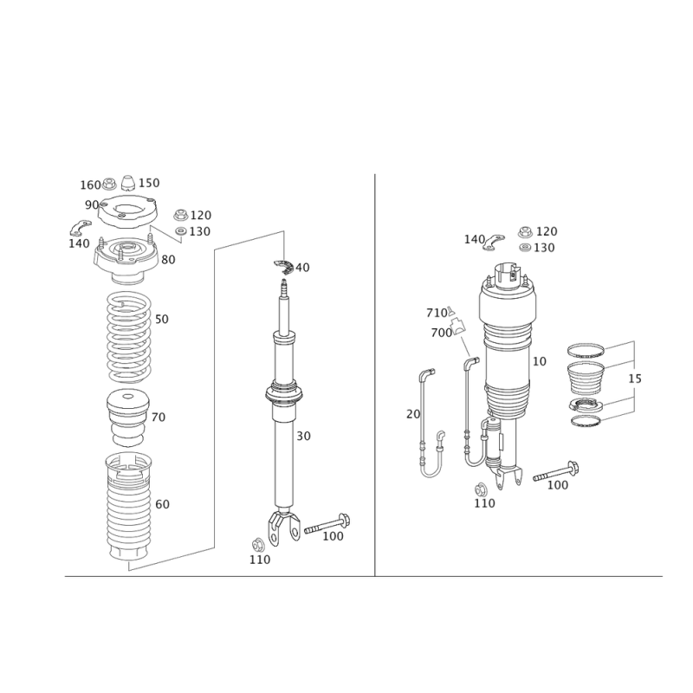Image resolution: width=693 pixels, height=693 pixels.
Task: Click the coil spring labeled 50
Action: point(129,338)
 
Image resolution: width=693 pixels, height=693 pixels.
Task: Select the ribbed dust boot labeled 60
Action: point(129,507)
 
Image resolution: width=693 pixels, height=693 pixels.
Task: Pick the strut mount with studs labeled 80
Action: point(126,262)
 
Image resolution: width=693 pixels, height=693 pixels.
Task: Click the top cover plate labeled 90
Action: point(127,211)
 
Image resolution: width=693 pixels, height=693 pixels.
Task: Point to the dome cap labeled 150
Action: point(128,182)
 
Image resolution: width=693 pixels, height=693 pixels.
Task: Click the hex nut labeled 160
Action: point(109,184)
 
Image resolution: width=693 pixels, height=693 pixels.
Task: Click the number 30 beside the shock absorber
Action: point(304,437)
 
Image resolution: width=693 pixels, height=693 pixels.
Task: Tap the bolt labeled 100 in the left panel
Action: point(327,524)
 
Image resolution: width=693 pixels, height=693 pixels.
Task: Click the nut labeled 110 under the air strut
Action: point(481,490)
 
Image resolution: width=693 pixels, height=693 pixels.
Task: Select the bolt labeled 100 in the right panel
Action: point(556,471)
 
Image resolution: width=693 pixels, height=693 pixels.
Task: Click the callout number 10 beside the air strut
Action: point(540,361)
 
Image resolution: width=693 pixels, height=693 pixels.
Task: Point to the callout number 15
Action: point(635,379)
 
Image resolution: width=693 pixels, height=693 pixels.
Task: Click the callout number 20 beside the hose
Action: point(413,414)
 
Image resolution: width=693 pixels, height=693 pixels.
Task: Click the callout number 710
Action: point(437,313)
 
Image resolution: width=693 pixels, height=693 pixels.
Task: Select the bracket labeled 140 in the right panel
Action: point(494,242)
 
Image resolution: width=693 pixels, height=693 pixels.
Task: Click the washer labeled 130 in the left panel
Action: point(181,231)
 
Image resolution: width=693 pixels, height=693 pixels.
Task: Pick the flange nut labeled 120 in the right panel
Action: point(525,232)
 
